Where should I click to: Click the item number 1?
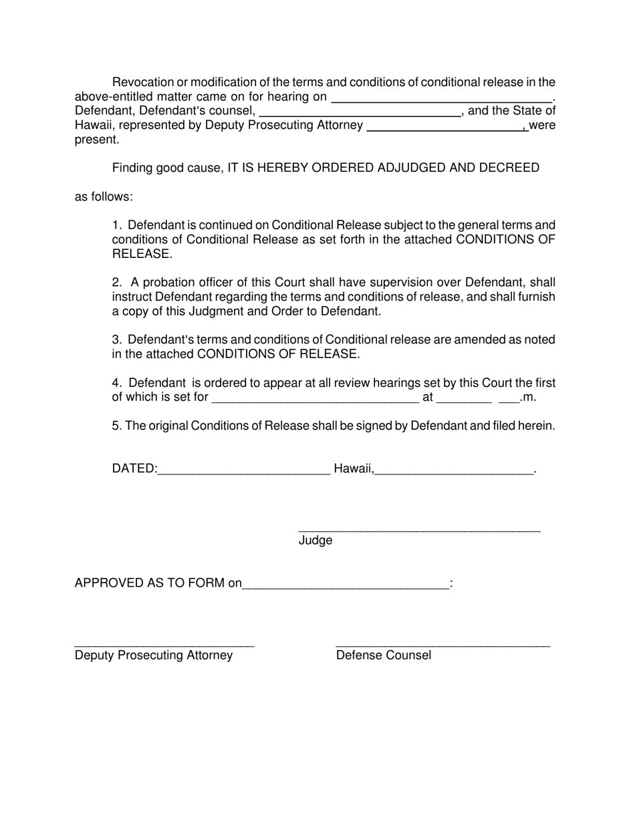[x=116, y=225]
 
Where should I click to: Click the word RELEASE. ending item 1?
[x=142, y=254]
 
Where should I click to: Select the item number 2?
[x=116, y=283]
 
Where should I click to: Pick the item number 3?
[x=116, y=339]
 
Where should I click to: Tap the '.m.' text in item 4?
[x=528, y=398]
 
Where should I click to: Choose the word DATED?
[x=134, y=468]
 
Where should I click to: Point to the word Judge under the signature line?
[x=315, y=540]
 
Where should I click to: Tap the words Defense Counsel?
[x=384, y=656]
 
